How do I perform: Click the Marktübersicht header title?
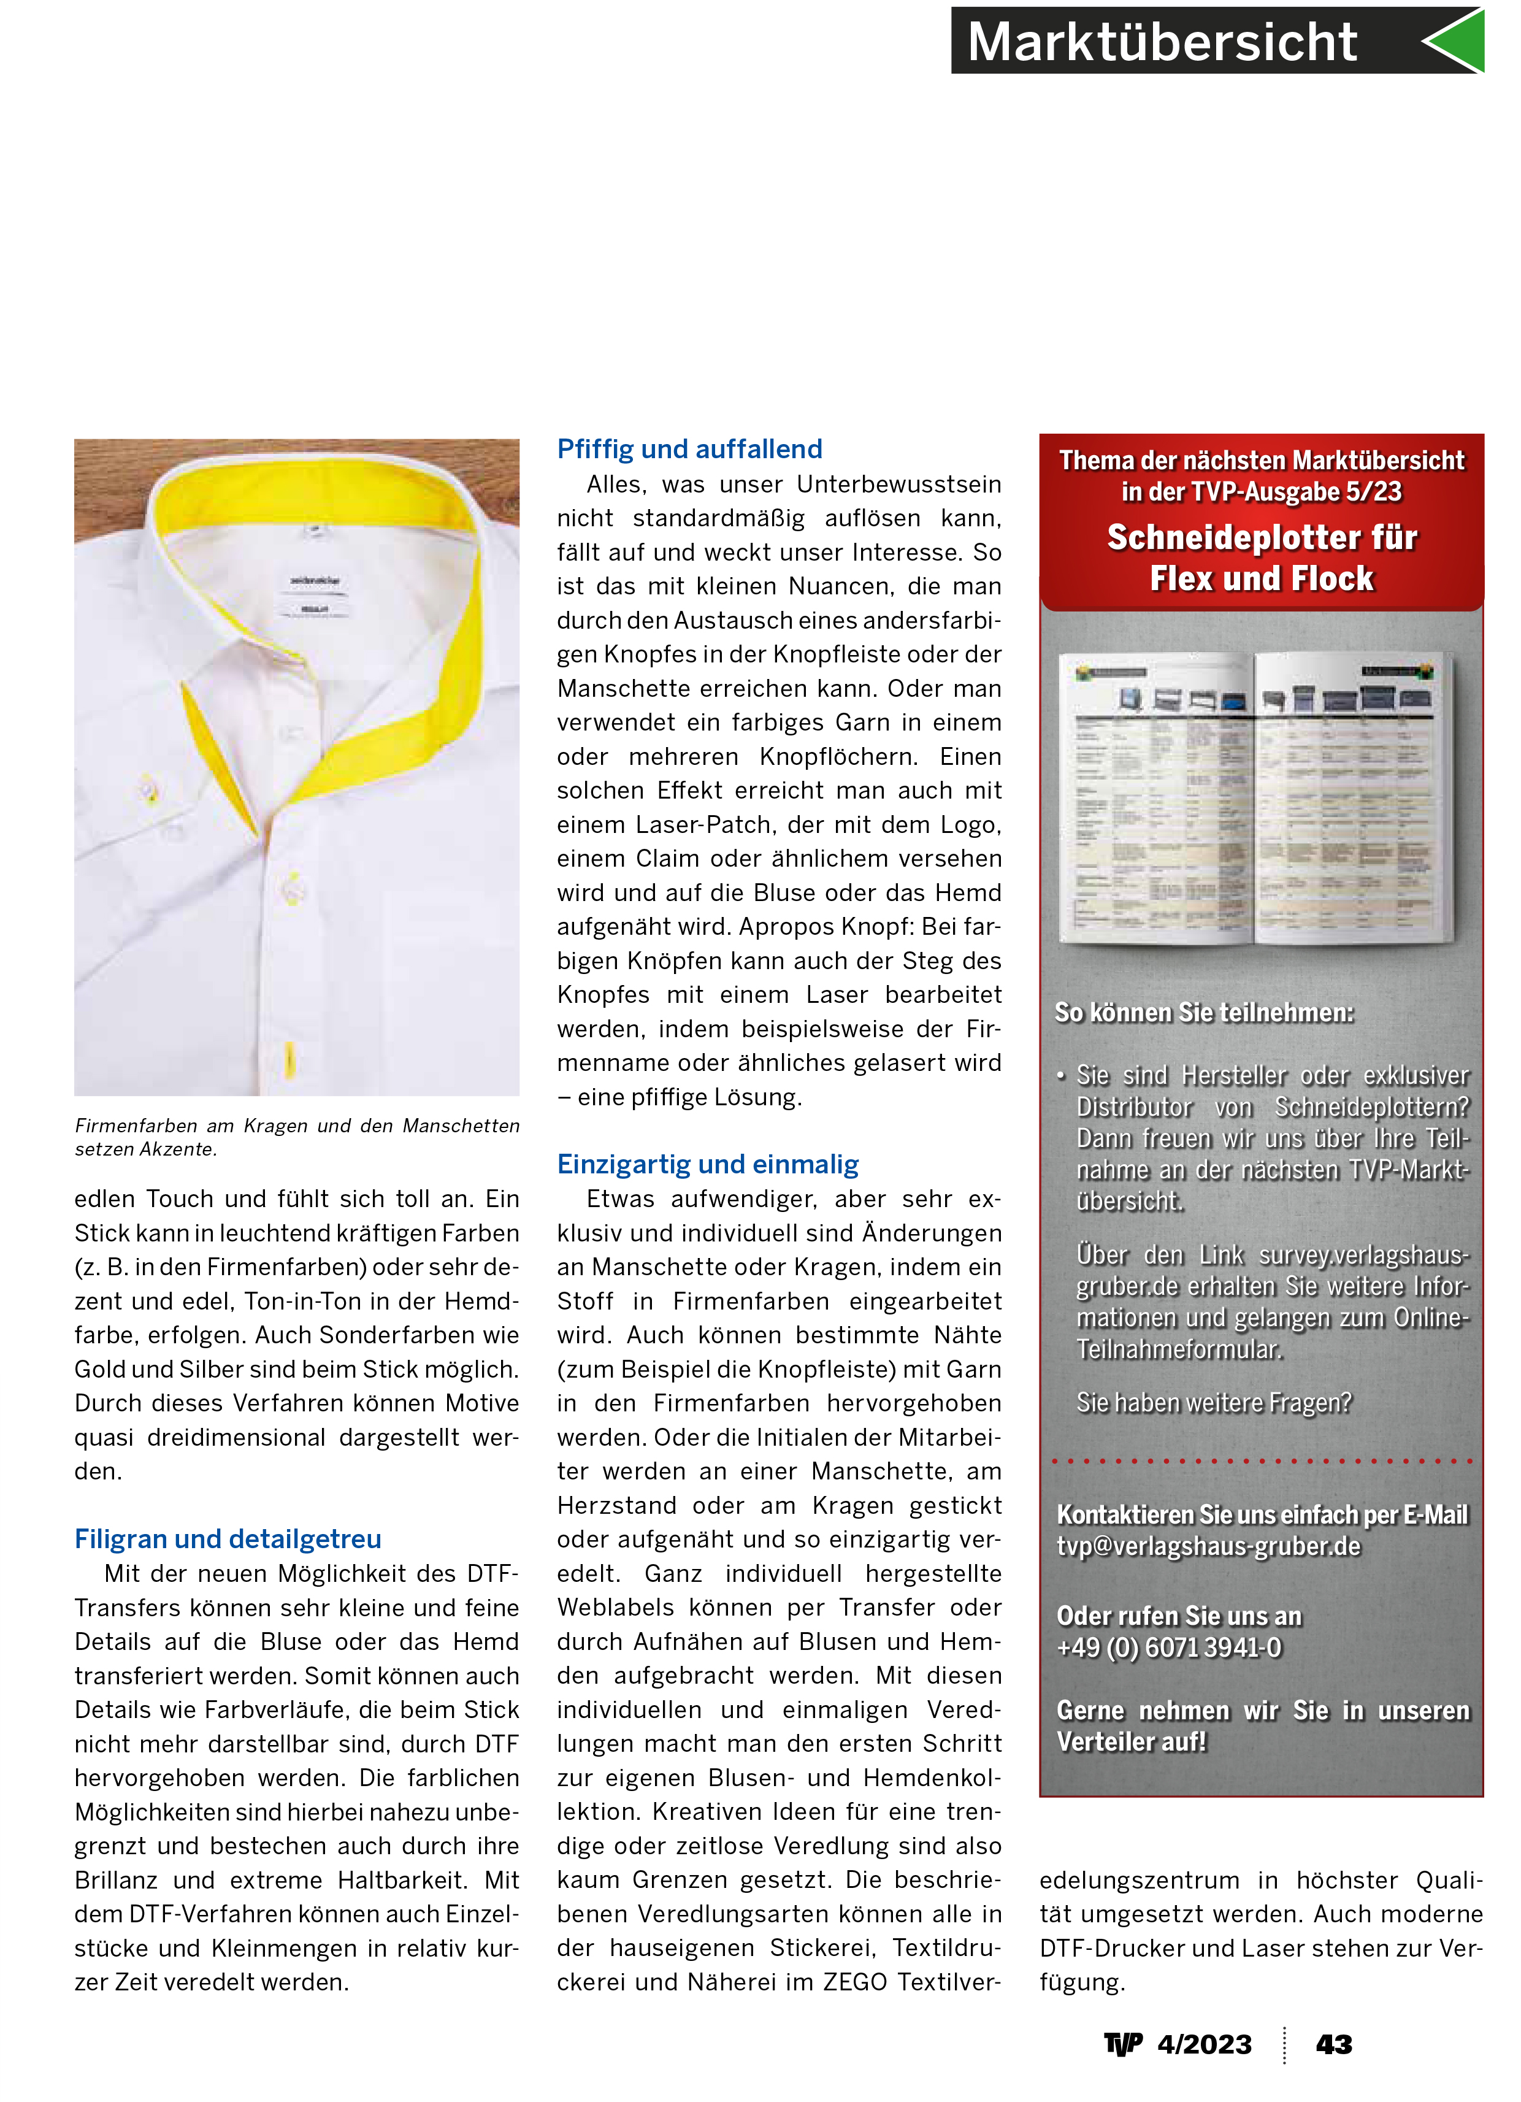1162,43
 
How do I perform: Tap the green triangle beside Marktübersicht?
1457,40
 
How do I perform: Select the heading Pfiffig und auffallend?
689,450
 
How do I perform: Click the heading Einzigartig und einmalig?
707,1164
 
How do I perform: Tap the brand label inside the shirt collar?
315,582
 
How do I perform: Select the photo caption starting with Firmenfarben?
297,1137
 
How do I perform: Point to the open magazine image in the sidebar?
1257,797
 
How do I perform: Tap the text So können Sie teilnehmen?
1204,1013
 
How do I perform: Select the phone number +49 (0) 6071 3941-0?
1169,1648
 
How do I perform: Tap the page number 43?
1334,2044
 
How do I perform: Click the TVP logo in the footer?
1122,2044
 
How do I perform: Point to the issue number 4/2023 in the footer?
1204,2044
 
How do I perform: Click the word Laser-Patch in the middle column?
714,825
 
